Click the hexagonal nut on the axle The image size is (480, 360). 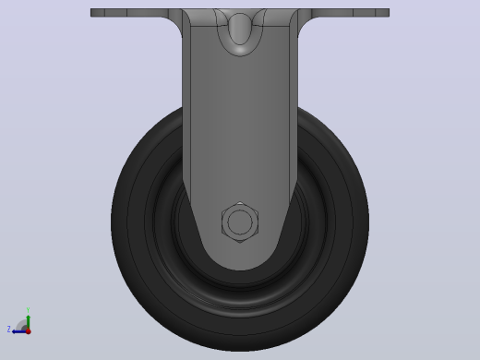240,222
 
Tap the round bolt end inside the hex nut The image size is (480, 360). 240,222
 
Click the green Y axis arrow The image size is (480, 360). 29,322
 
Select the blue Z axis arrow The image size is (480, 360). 19,331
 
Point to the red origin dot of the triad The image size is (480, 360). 29,331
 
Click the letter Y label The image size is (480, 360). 28,310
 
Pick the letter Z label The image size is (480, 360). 9,330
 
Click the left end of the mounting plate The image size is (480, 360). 91,13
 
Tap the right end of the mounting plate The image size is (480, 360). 389,13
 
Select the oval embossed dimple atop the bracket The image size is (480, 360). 240,30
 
